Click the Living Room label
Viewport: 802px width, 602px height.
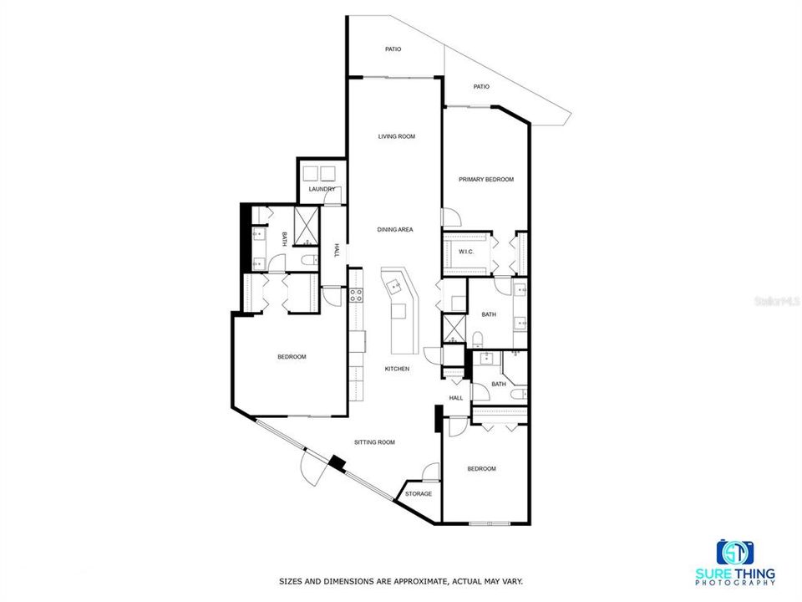click(396, 136)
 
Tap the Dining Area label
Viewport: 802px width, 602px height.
click(395, 230)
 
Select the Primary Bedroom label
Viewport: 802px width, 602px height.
click(486, 180)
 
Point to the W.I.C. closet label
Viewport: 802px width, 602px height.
click(466, 252)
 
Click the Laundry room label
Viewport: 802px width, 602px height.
click(322, 190)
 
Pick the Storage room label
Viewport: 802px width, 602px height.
click(419, 494)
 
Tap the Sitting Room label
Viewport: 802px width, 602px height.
click(374, 442)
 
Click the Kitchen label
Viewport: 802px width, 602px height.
click(397, 369)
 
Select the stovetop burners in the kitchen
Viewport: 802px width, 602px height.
click(356, 295)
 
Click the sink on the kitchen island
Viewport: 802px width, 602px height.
click(394, 285)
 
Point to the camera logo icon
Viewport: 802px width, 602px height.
click(735, 553)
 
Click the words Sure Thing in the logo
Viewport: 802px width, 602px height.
click(735, 574)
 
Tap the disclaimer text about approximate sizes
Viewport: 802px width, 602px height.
click(400, 582)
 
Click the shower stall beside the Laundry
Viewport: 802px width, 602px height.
click(307, 227)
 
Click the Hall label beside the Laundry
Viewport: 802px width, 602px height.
click(337, 250)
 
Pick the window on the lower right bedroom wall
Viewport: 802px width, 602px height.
click(490, 523)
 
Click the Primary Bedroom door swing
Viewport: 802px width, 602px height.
click(452, 217)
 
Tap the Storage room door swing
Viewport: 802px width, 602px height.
click(431, 472)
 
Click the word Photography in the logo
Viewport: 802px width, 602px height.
click(735, 583)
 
